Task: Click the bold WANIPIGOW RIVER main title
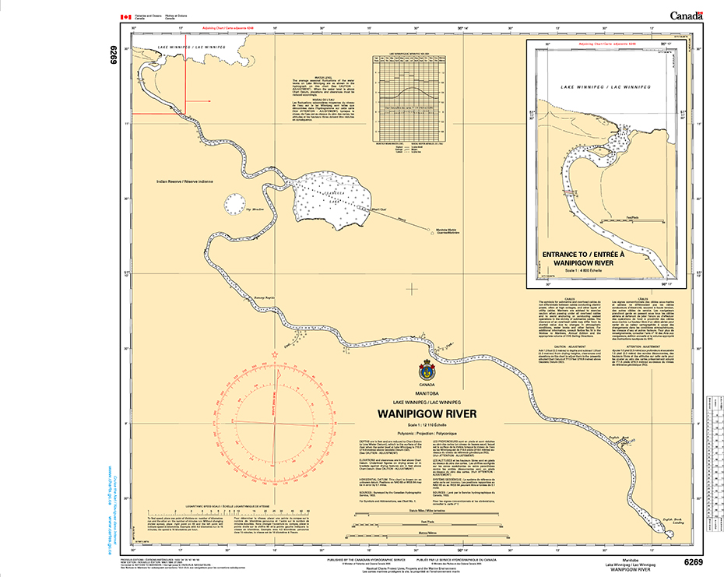(x=427, y=413)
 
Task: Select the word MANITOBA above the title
(x=427, y=393)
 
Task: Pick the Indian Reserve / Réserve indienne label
(x=185, y=181)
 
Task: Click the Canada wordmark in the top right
(x=686, y=15)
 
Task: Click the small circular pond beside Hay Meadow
(x=234, y=203)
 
